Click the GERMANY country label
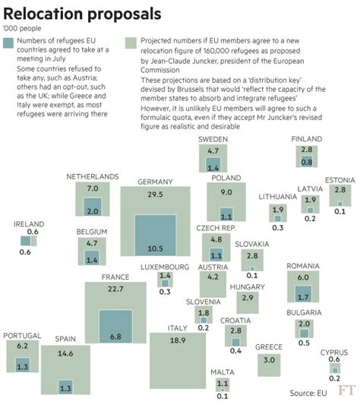tap(156, 182)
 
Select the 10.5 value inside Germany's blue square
tap(155, 248)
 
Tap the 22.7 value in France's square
tap(115, 289)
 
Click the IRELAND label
tap(30, 224)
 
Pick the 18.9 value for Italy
tap(177, 339)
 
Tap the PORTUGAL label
tap(22, 335)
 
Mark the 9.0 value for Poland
tap(226, 193)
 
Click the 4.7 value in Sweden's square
tap(213, 151)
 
